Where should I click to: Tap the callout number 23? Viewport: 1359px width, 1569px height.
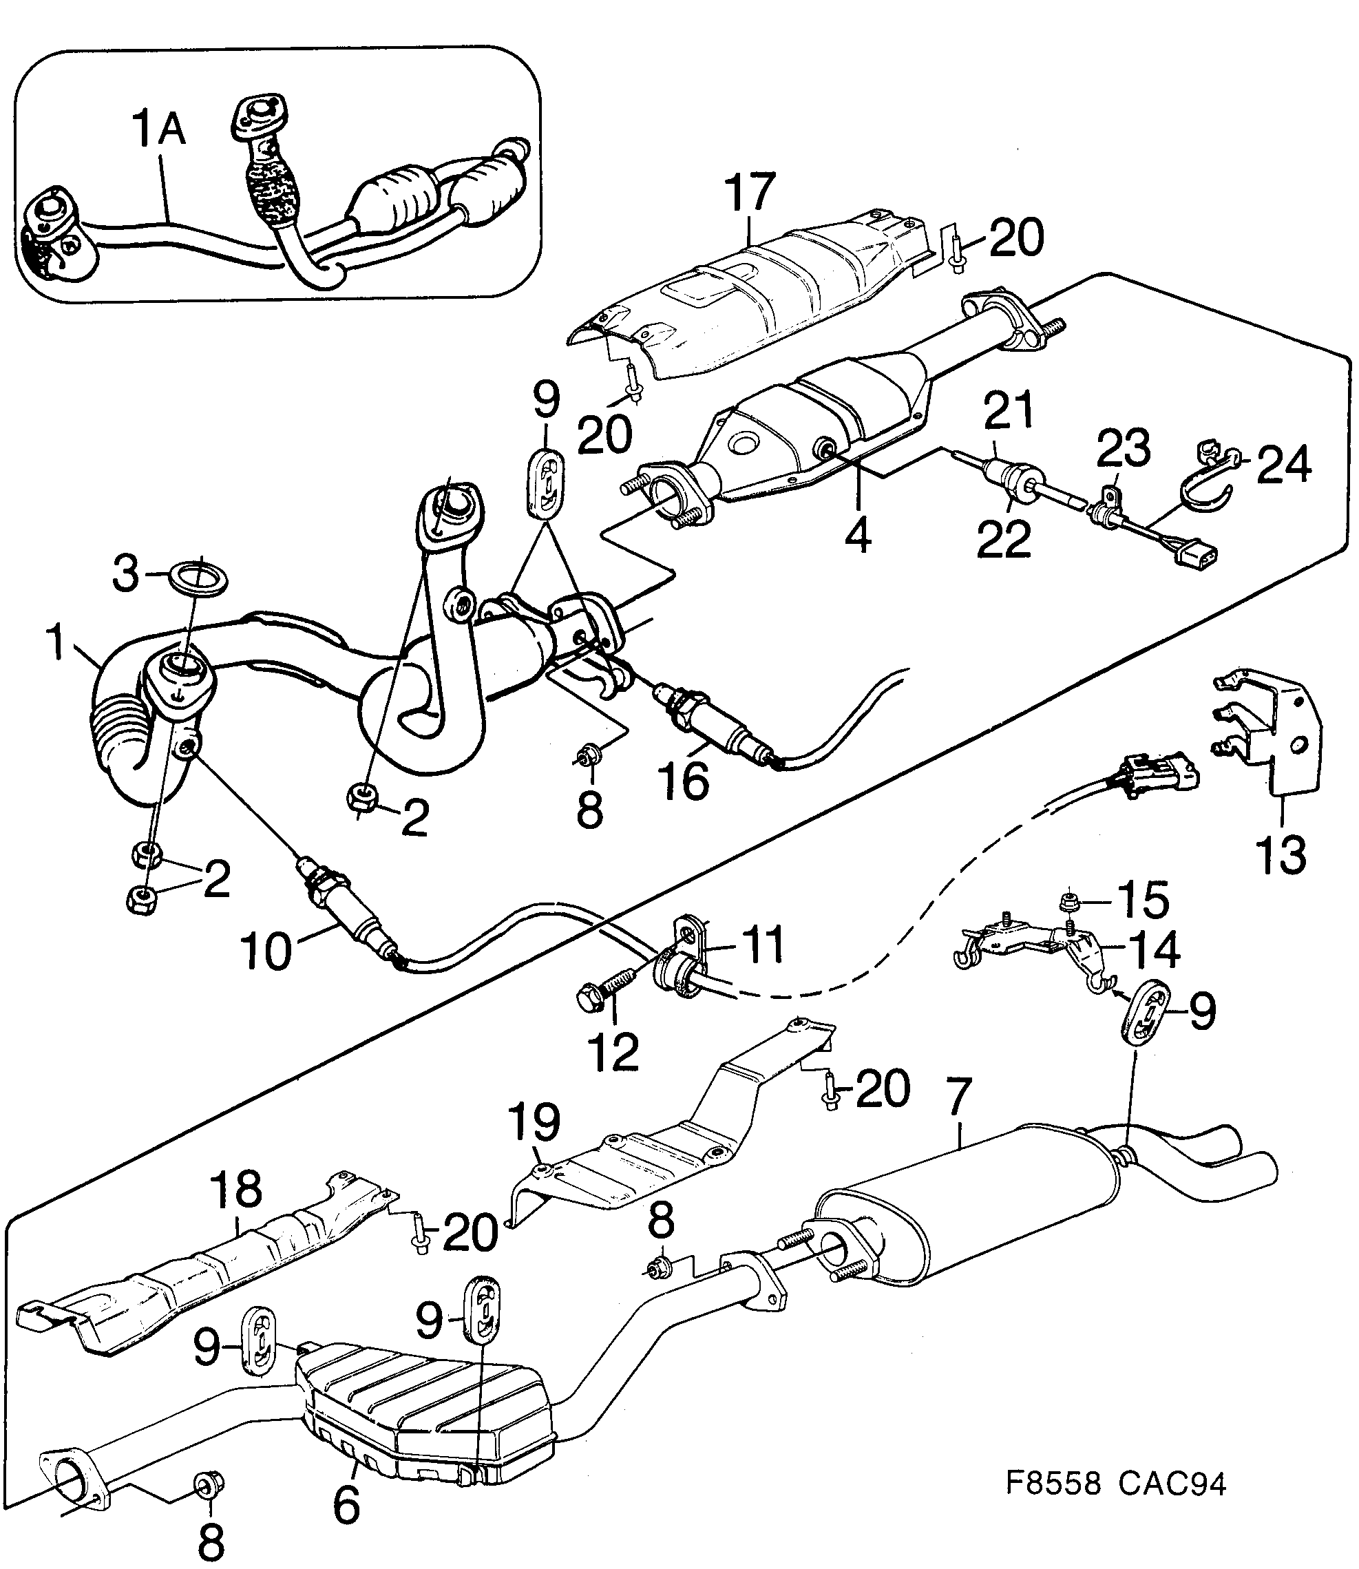pyautogui.click(x=1123, y=448)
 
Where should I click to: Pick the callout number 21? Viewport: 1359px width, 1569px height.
pyautogui.click(x=1009, y=410)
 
